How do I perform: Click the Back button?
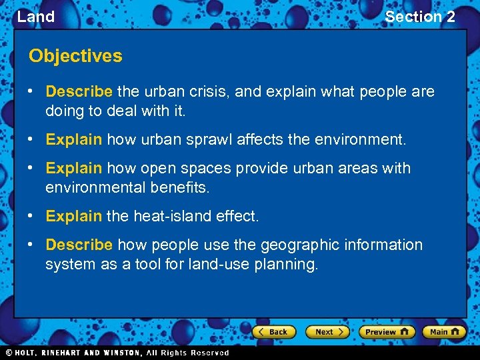(x=273, y=331)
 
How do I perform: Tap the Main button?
(x=443, y=331)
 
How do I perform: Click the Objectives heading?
(x=75, y=56)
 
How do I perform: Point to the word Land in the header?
(x=35, y=17)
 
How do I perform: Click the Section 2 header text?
(x=420, y=17)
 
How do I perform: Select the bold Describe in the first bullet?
(x=79, y=92)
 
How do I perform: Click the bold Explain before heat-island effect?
(x=73, y=217)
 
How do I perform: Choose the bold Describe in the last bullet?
(x=79, y=245)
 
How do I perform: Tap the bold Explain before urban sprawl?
(x=73, y=140)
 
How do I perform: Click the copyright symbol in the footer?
(x=9, y=353)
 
